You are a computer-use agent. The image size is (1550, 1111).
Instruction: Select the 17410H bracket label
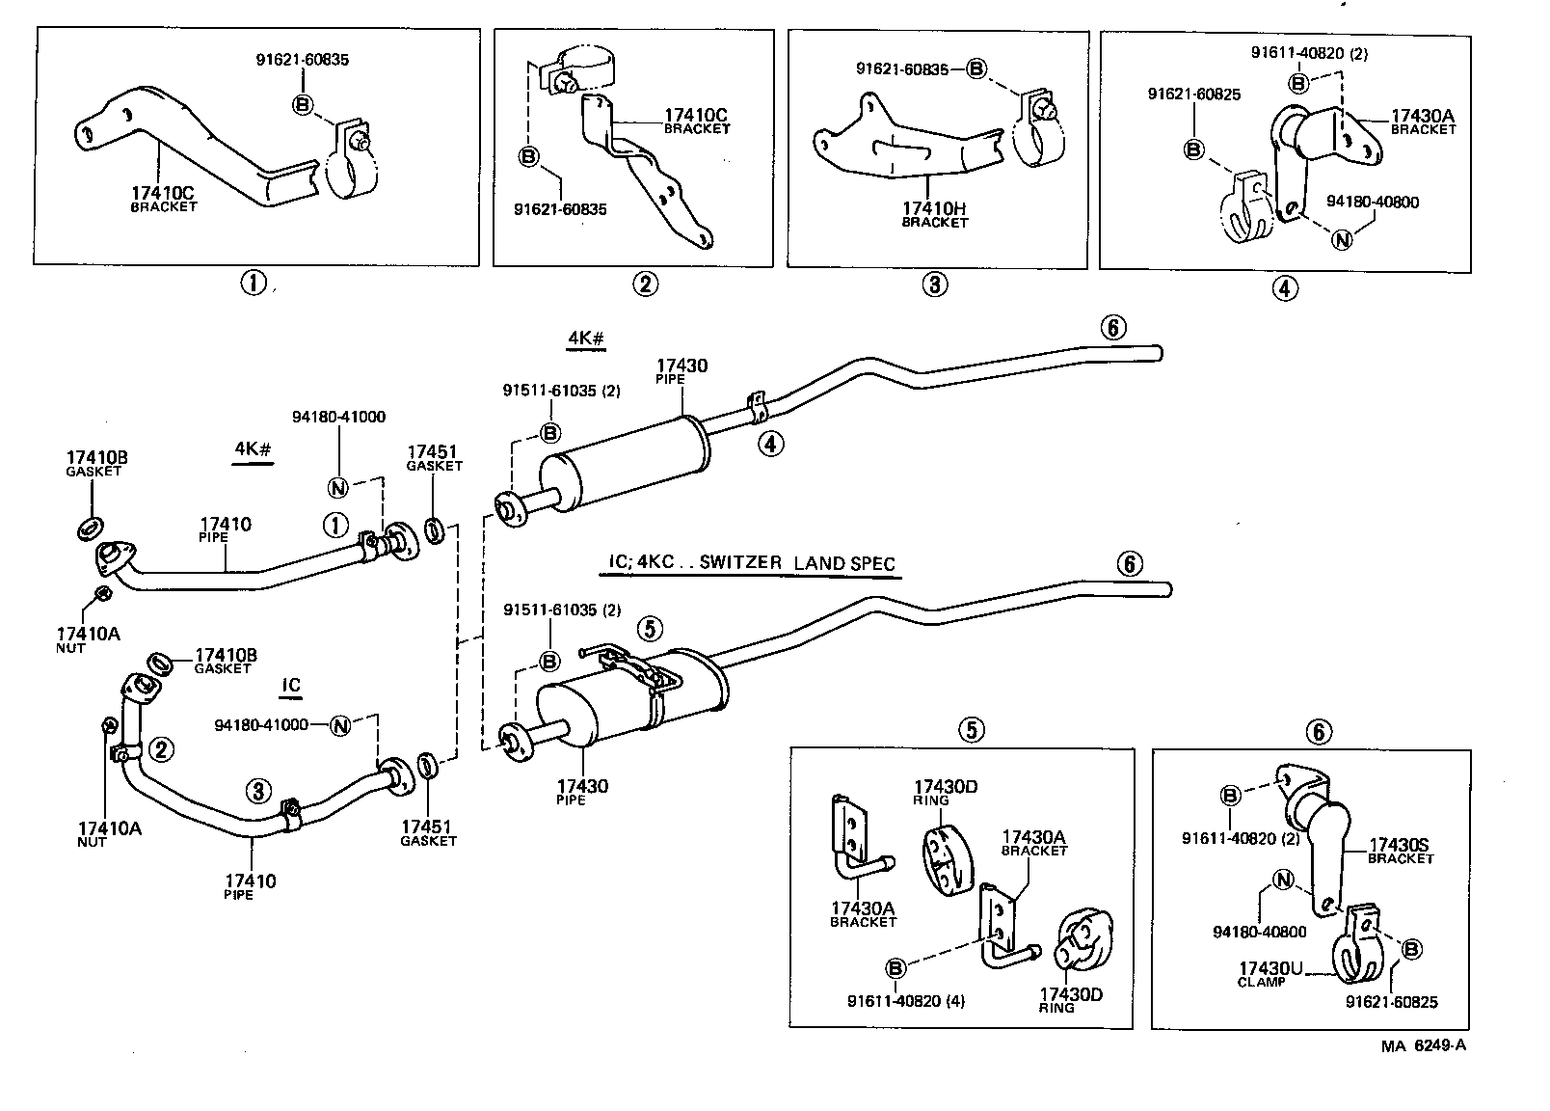(934, 213)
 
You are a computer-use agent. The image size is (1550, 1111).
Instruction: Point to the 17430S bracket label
(1400, 850)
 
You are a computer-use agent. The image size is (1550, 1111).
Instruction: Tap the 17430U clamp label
(1269, 972)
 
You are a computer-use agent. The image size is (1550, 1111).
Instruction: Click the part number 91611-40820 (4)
(905, 1001)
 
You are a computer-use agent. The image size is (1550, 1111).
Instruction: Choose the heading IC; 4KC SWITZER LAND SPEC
(748, 563)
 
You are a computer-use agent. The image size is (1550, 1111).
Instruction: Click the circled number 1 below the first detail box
(253, 284)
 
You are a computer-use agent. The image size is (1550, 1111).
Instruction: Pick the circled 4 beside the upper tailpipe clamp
(770, 444)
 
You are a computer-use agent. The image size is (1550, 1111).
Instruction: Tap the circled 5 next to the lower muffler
(650, 629)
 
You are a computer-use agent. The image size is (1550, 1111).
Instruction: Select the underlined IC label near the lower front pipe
(291, 686)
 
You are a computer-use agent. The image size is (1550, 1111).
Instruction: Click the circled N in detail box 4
(1341, 240)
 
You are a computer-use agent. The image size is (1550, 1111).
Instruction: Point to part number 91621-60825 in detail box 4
(1193, 95)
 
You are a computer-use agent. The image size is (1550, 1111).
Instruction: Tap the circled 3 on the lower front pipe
(258, 791)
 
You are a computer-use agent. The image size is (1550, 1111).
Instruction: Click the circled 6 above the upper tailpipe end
(1111, 328)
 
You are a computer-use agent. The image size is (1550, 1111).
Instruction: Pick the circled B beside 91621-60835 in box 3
(975, 68)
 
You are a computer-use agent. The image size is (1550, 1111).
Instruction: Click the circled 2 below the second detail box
(645, 284)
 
